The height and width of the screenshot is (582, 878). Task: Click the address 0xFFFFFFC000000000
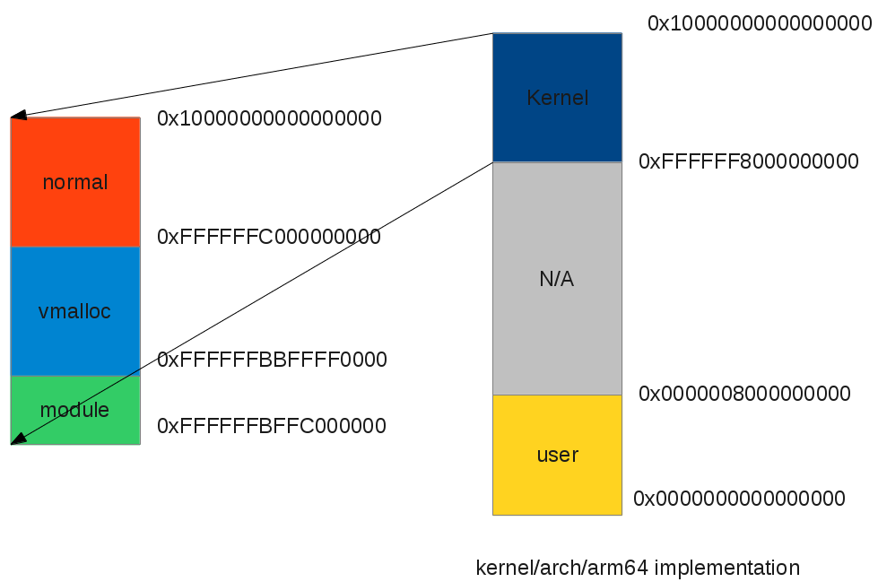[x=269, y=238]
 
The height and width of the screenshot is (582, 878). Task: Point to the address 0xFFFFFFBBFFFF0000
[x=272, y=360]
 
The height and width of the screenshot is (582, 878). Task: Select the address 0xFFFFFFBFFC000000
[x=272, y=426]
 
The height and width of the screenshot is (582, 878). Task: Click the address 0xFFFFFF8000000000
[x=749, y=161]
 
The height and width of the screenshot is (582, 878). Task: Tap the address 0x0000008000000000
[x=744, y=394]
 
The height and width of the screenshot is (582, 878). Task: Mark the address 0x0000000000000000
[x=739, y=499]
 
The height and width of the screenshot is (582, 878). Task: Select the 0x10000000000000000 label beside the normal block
[x=269, y=118]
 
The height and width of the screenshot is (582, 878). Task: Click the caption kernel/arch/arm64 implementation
[x=638, y=568]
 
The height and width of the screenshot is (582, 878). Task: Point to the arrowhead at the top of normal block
[x=17, y=116]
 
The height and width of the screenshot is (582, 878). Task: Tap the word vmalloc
[x=75, y=311]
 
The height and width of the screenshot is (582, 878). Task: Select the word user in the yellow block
[x=557, y=455]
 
